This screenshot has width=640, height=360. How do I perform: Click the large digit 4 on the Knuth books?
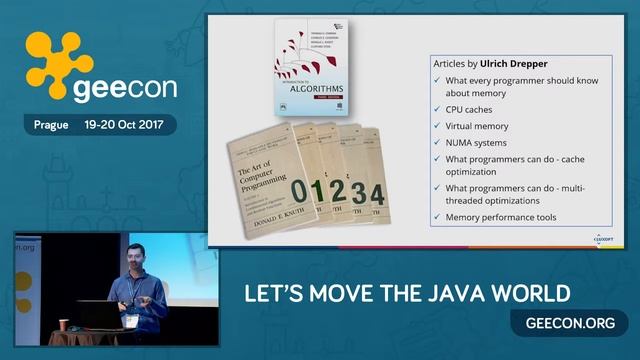pyautogui.click(x=377, y=192)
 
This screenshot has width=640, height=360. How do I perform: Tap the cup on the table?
pyautogui.click(x=65, y=325)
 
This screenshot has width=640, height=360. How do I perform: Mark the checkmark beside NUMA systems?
pyautogui.click(x=437, y=143)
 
